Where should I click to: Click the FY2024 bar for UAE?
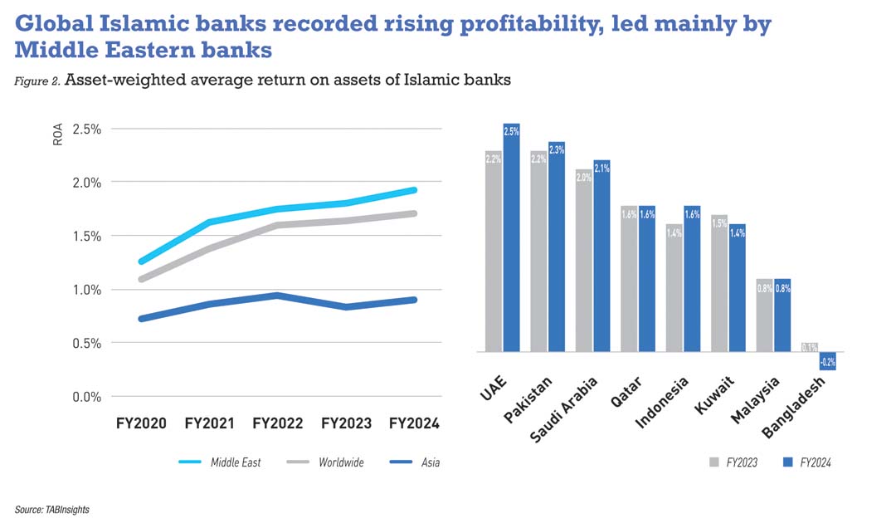(511, 241)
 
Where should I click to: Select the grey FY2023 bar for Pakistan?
(539, 253)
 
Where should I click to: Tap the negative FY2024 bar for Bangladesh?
(827, 360)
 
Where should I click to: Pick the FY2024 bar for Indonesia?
(692, 279)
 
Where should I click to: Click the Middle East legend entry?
(235, 462)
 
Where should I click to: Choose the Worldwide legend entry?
(341, 462)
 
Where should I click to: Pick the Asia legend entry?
(429, 462)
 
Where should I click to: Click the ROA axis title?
(58, 135)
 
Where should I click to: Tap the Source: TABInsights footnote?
(51, 510)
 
